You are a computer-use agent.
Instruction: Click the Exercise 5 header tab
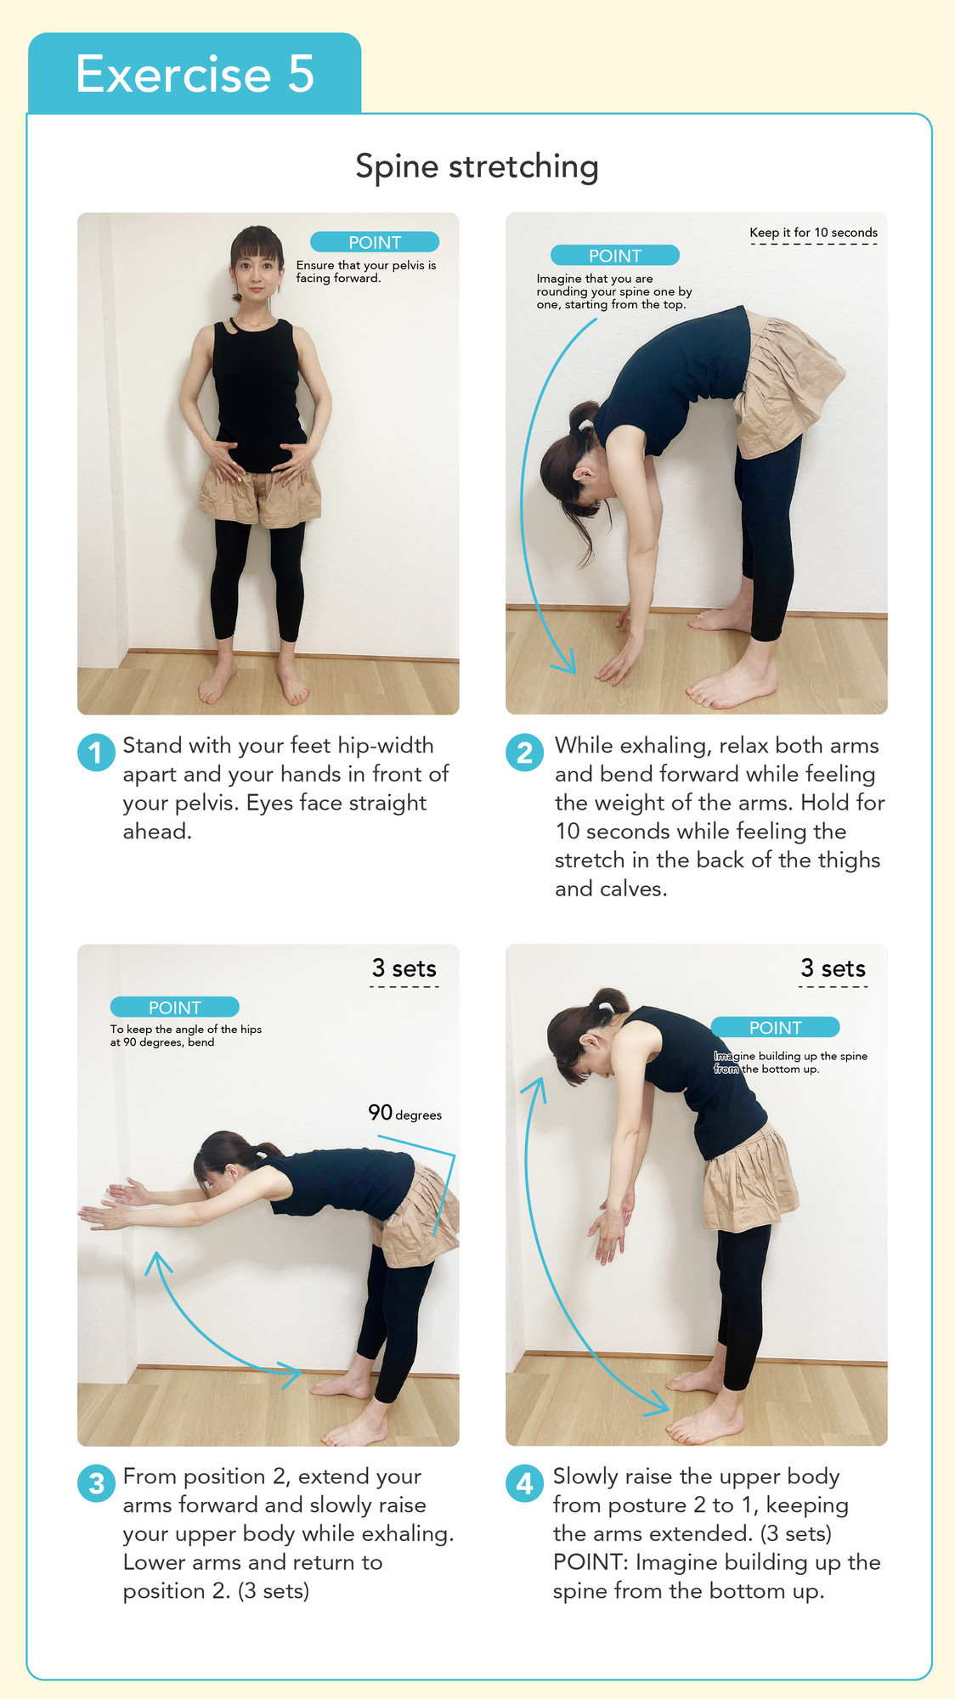click(x=195, y=73)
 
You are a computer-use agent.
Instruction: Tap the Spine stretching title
click(x=477, y=167)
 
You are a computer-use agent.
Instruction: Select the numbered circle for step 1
click(x=96, y=753)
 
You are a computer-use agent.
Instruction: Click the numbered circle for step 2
click(x=525, y=753)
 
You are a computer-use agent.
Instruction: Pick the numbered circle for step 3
click(x=96, y=1483)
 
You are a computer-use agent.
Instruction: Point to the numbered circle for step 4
click(x=525, y=1483)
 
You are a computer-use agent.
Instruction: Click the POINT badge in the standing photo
click(x=375, y=242)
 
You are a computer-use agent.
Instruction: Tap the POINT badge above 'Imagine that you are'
click(x=615, y=255)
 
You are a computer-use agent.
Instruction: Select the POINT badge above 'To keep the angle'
click(x=175, y=1007)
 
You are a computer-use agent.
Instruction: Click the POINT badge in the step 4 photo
click(x=775, y=1027)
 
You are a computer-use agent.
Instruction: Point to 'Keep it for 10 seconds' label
click(x=813, y=233)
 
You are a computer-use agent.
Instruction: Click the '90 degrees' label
click(x=404, y=1113)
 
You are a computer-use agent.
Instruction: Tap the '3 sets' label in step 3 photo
click(x=404, y=968)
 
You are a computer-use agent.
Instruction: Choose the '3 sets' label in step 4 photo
click(x=834, y=968)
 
